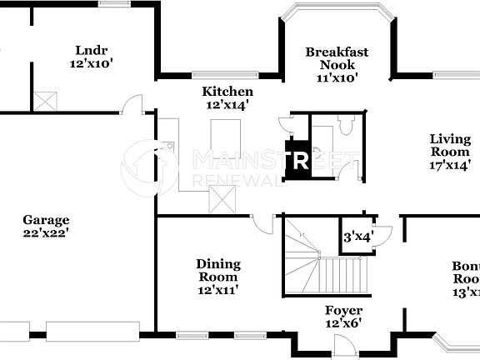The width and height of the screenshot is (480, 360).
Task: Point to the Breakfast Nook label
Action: pyautogui.click(x=337, y=64)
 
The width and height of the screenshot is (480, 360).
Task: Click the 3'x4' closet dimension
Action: pyautogui.click(x=357, y=237)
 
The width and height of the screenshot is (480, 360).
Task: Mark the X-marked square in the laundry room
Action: pyautogui.click(x=45, y=100)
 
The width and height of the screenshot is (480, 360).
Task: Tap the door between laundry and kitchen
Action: pyautogui.click(x=131, y=105)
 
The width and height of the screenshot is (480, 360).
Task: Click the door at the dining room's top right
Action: pyautogui.click(x=263, y=223)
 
